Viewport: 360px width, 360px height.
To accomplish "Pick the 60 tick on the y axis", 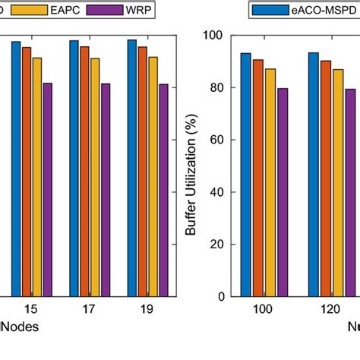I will pyautogui.click(x=214, y=140).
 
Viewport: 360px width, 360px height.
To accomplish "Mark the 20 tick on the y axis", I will pyautogui.click(x=214, y=245).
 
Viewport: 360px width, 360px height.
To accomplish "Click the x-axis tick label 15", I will pyautogui.click(x=31, y=311).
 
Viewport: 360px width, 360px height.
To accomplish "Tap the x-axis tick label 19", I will pyautogui.click(x=147, y=311).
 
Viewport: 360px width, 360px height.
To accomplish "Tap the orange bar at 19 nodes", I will pyautogui.click(x=142, y=172).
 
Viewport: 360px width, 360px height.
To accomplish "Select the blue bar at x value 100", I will pyautogui.click(x=245, y=175).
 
